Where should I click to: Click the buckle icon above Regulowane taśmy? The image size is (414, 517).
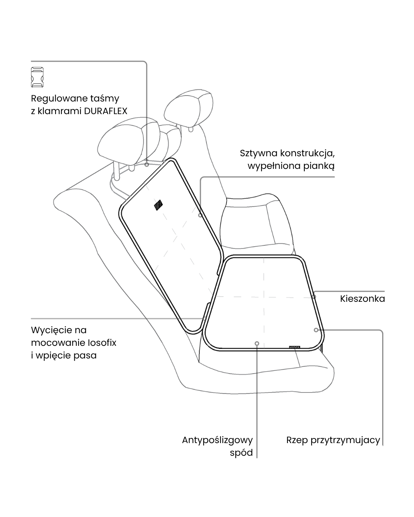[x=37, y=77]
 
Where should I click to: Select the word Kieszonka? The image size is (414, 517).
[x=362, y=299]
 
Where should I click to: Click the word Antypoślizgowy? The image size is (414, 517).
[x=217, y=440]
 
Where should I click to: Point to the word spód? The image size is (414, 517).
[x=241, y=453]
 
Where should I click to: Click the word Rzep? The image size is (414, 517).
[x=297, y=440]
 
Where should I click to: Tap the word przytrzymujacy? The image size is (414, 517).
[x=345, y=440]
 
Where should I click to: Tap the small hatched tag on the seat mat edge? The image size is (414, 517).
[x=294, y=347]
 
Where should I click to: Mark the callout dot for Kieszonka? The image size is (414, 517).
[x=314, y=296]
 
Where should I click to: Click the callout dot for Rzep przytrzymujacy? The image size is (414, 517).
[x=316, y=330]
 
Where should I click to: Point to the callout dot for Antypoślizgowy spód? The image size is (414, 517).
[x=257, y=344]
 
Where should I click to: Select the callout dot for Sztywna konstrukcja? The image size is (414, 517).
[x=200, y=215]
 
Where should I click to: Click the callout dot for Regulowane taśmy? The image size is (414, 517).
[x=146, y=165]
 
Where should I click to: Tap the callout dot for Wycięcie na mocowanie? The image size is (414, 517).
[x=205, y=318]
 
